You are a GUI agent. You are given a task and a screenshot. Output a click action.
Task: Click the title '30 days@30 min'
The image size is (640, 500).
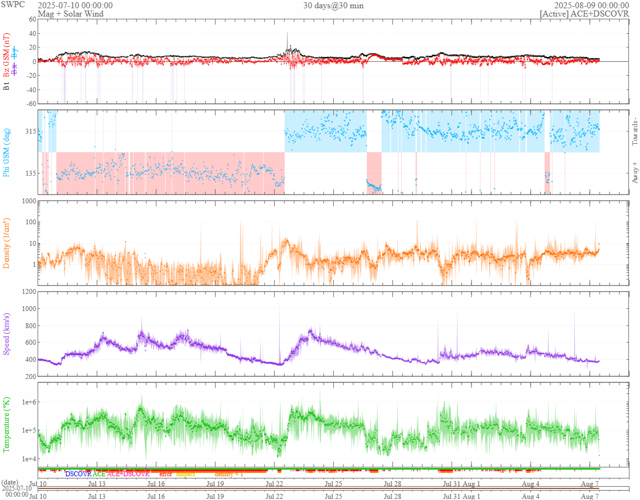tap(333, 6)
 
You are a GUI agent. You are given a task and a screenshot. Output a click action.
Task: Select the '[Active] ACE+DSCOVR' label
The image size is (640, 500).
tap(584, 14)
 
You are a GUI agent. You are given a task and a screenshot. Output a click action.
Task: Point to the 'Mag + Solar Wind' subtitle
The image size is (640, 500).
tap(70, 14)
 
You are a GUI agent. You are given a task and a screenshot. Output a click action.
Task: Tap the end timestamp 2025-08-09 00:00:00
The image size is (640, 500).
tap(591, 6)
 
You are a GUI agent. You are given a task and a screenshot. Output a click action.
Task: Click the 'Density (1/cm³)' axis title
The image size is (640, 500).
tap(7, 243)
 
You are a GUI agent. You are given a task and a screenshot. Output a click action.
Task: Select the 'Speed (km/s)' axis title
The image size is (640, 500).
tap(7, 334)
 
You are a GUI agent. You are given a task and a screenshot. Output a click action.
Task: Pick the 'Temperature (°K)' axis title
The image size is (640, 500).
tap(7, 424)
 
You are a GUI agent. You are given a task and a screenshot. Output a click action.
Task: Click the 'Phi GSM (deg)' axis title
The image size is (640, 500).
tap(7, 152)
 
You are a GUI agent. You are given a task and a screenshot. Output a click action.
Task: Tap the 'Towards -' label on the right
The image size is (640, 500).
tap(634, 131)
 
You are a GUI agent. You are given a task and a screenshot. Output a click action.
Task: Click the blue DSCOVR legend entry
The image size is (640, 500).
tap(78, 474)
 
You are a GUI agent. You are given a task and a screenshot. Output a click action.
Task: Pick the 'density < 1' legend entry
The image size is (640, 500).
tap(229, 474)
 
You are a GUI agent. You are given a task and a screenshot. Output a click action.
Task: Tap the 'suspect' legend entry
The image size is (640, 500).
tap(186, 474)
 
